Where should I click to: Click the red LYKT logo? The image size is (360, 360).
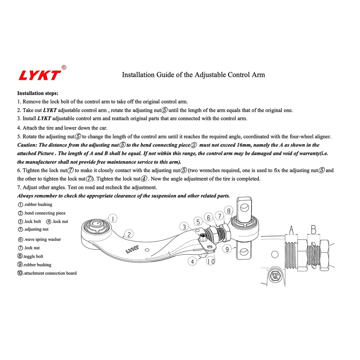[x=39, y=75]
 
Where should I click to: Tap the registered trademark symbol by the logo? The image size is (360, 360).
[x=64, y=67]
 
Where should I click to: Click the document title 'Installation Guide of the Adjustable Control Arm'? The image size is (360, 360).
[x=193, y=75]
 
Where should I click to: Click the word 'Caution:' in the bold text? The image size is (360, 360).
[x=27, y=145]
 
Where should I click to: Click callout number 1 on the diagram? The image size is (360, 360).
[x=114, y=218]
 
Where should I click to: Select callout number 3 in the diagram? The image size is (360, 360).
[x=184, y=226]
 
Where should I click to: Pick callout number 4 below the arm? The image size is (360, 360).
[x=192, y=261]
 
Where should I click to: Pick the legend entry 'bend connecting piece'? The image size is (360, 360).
[x=44, y=213]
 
